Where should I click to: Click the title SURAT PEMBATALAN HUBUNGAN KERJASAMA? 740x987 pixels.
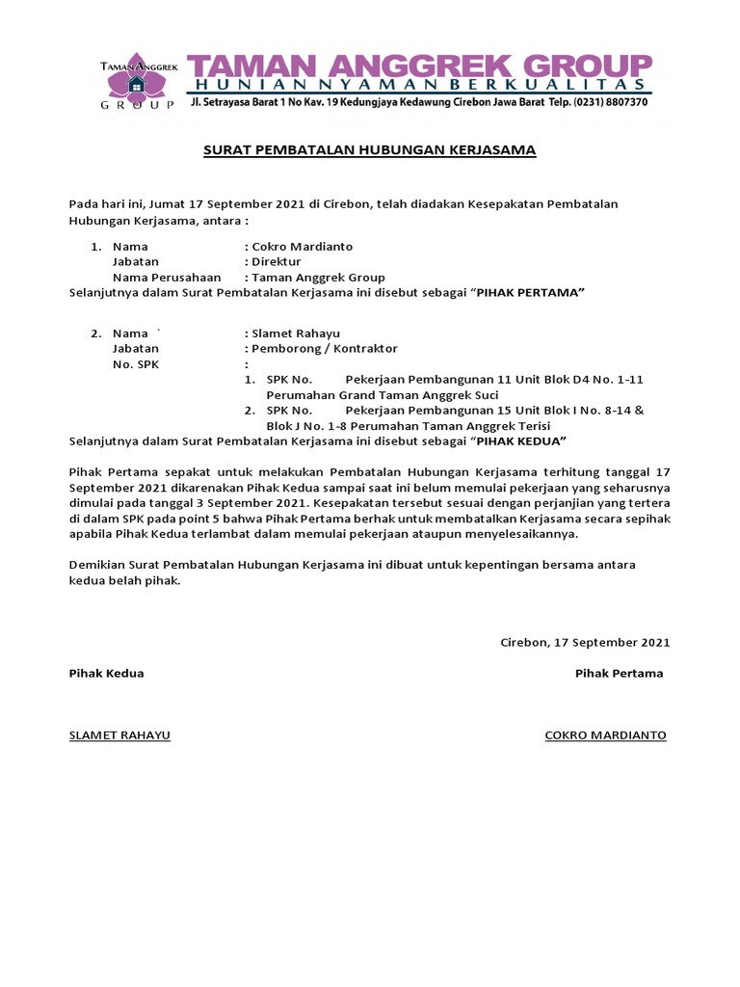click(x=369, y=150)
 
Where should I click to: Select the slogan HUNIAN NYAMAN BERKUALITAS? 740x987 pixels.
click(x=419, y=85)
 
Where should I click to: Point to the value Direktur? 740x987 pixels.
click(x=276, y=261)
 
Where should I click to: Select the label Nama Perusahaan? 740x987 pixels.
click(x=160, y=277)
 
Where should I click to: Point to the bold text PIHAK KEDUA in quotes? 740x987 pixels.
click(x=518, y=441)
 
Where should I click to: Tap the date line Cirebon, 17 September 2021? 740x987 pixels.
click(x=585, y=642)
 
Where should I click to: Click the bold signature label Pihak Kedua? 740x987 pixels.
click(x=106, y=674)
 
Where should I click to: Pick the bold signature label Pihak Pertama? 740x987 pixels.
click(x=619, y=674)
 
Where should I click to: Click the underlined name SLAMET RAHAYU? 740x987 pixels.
click(x=119, y=735)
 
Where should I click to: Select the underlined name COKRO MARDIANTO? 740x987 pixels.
click(x=605, y=735)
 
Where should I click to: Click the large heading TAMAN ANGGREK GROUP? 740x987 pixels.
click(x=419, y=66)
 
